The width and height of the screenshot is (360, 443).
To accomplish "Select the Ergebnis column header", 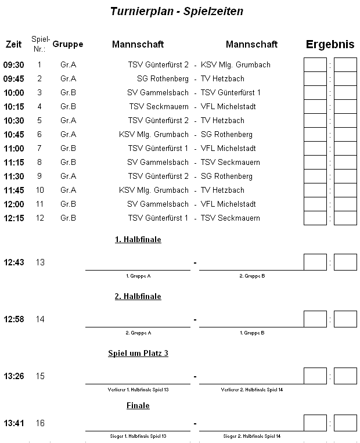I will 330,44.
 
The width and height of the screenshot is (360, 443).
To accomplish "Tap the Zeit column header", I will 13,44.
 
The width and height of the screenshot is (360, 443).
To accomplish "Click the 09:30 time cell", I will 13,64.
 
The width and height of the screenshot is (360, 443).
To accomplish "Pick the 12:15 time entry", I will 13,218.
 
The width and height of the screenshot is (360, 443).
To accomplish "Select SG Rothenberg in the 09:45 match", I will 163,78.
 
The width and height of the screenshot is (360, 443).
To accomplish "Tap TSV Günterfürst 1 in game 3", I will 231,92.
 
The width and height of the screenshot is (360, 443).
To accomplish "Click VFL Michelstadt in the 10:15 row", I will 228,106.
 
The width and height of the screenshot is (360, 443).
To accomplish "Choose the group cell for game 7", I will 68,148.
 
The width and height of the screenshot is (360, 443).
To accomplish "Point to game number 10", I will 39,190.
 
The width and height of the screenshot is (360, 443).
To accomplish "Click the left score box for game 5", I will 315,120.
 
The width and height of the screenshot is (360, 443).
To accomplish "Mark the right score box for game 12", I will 345,218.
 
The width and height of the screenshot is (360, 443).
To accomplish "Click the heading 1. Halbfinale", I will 138,239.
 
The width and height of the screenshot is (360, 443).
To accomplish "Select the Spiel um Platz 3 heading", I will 138,353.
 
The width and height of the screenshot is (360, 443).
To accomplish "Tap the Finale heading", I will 138,405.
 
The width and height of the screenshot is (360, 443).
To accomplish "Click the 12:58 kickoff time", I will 13,319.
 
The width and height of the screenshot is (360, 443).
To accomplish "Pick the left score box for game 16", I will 315,423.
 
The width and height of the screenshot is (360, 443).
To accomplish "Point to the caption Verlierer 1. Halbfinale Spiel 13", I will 138,390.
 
